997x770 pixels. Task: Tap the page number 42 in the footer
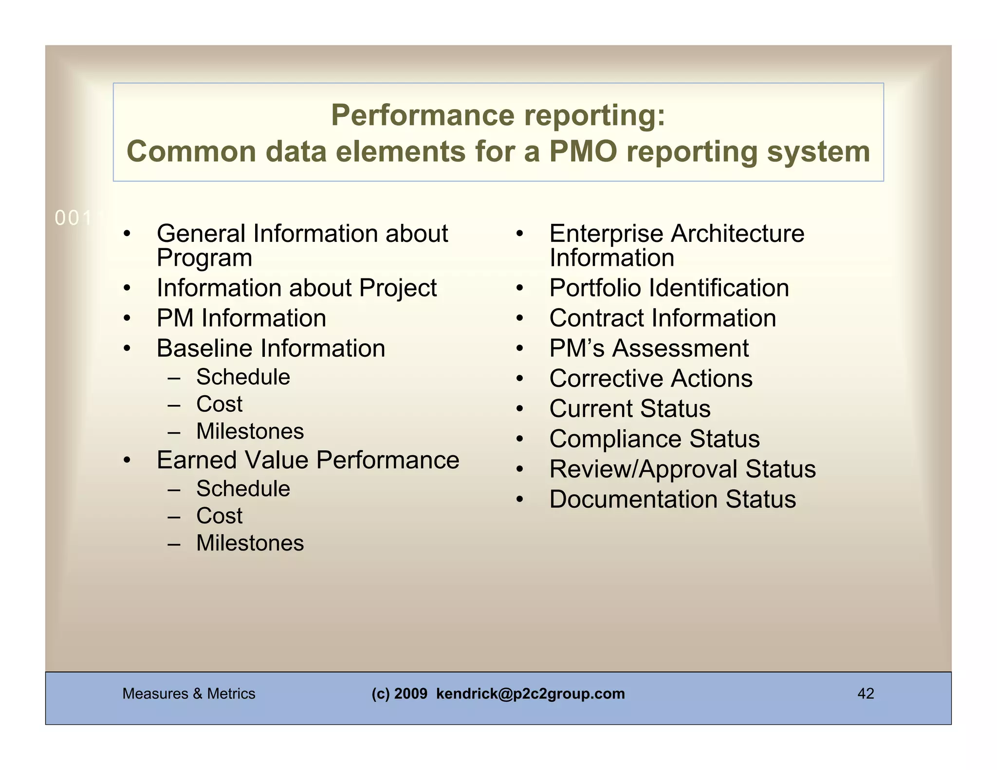click(866, 694)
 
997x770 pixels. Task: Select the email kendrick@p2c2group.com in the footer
click(530, 694)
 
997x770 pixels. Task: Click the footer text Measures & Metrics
click(188, 694)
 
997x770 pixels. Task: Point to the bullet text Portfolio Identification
click(669, 288)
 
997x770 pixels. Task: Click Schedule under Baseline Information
click(243, 377)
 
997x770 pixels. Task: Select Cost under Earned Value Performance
click(219, 516)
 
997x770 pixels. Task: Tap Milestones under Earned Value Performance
click(250, 543)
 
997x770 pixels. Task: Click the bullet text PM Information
click(241, 318)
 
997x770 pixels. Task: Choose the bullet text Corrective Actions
click(651, 379)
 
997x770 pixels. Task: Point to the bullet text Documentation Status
click(672, 499)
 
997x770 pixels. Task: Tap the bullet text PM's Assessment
click(649, 348)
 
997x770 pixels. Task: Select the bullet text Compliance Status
click(654, 439)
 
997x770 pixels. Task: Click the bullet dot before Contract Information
click(519, 319)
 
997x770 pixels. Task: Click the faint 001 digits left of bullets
click(73, 219)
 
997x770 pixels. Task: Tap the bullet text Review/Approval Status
click(683, 469)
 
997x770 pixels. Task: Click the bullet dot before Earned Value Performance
click(127, 460)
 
